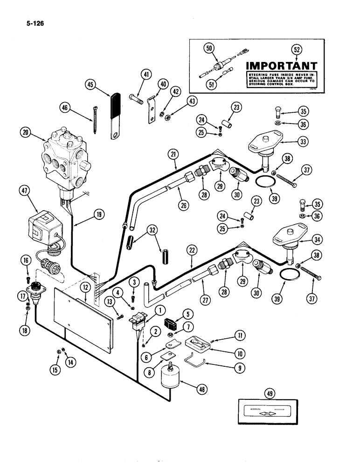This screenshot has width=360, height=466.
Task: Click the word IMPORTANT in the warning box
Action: click(281, 66)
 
